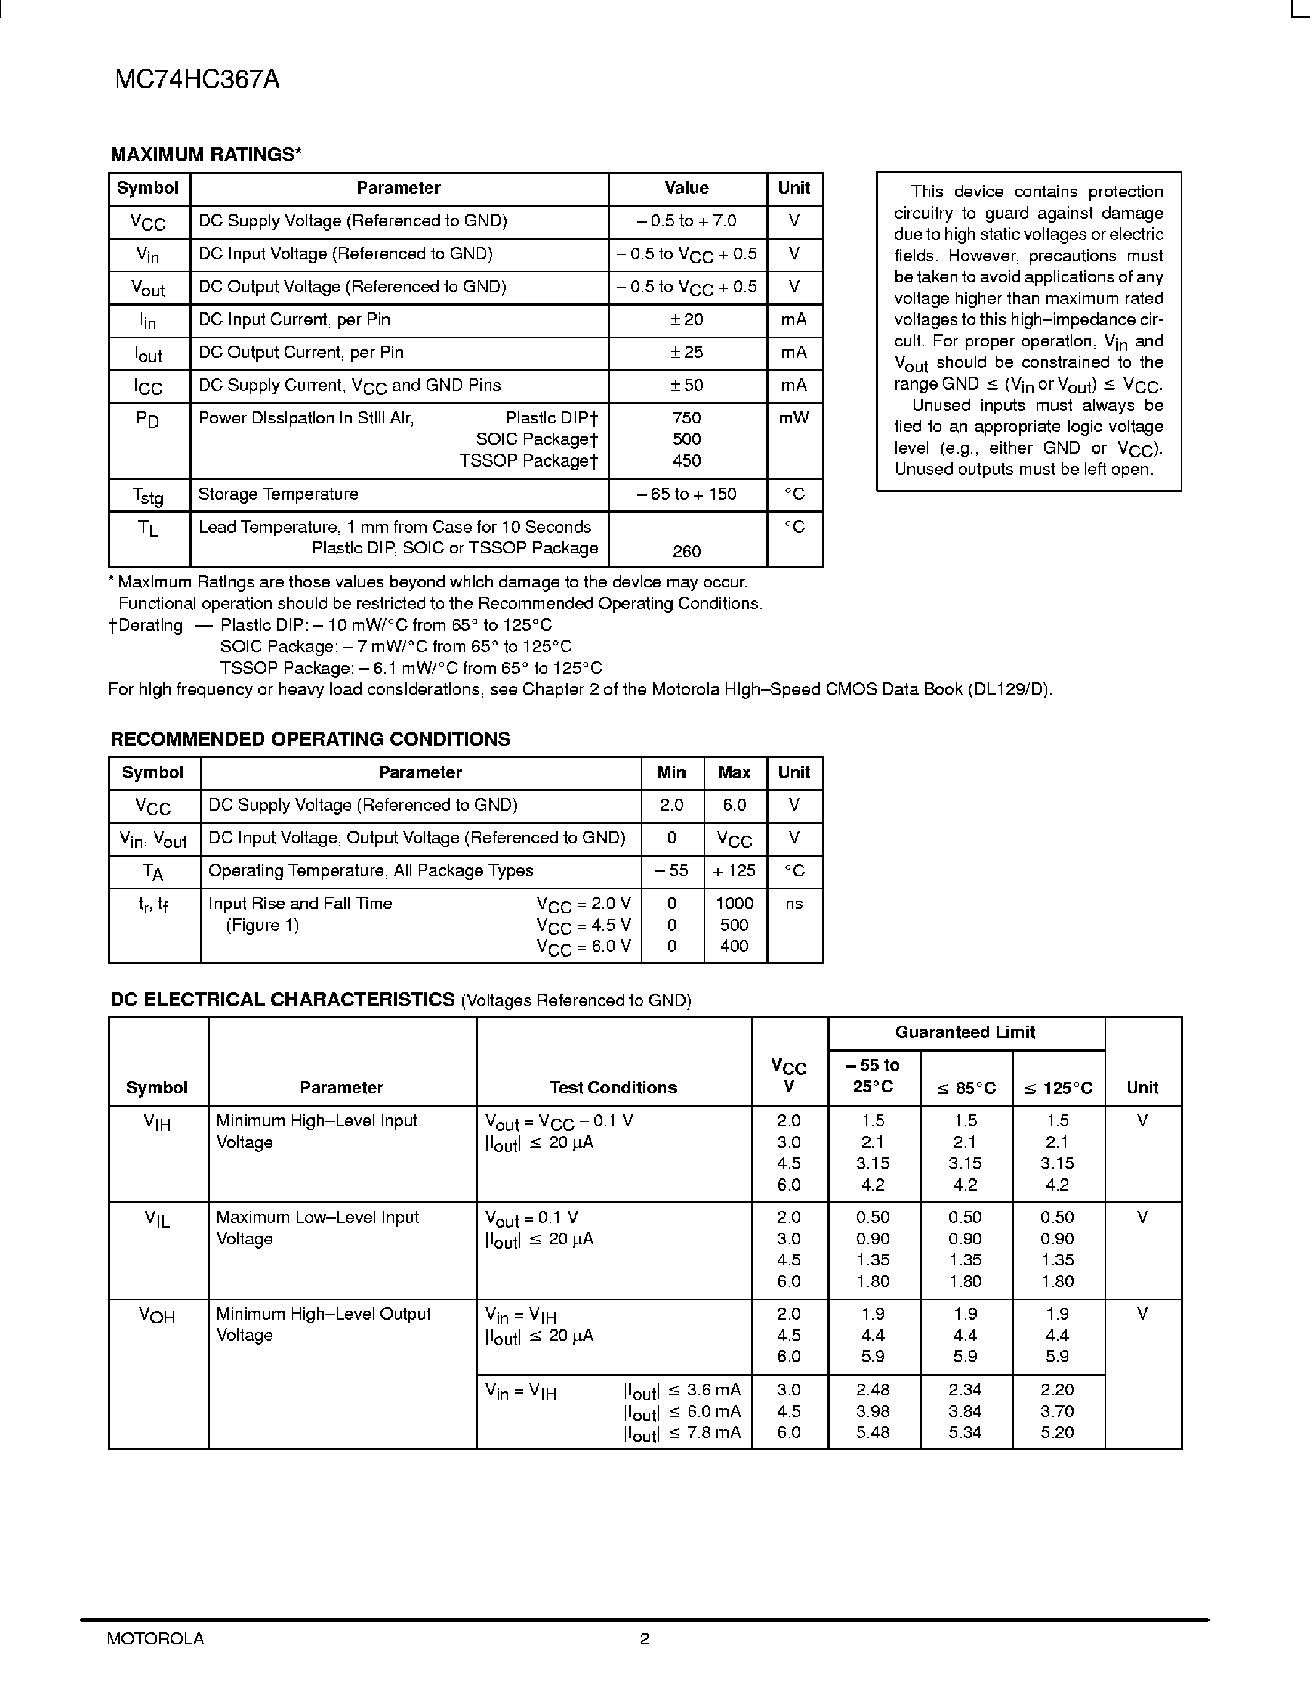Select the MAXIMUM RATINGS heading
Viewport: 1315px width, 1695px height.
tap(206, 155)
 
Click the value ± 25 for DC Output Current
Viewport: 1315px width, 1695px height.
tap(686, 353)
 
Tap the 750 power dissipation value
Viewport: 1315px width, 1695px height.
tap(686, 419)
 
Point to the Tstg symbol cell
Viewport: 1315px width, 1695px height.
tap(147, 495)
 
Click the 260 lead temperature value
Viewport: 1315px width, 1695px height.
tap(686, 551)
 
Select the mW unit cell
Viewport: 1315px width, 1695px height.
tap(793, 419)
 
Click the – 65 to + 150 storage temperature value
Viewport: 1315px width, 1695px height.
tap(686, 494)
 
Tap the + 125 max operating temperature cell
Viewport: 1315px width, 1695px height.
tap(734, 871)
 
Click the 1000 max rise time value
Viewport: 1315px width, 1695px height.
tap(734, 904)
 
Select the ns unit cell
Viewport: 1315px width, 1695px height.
tap(793, 904)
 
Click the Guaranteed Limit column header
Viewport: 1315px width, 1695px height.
tap(965, 1032)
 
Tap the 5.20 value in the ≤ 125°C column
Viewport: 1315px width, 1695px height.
tap(1057, 1432)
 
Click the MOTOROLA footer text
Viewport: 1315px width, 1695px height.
tap(155, 1638)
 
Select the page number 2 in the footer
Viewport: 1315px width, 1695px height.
tap(644, 1638)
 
